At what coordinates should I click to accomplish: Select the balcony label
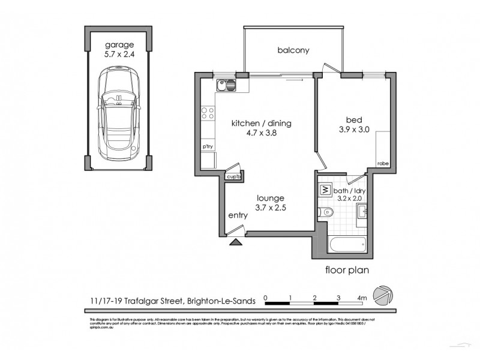click(x=293, y=50)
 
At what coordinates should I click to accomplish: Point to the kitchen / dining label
click(x=262, y=124)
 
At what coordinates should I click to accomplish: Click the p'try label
click(x=208, y=146)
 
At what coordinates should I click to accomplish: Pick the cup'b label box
click(x=233, y=177)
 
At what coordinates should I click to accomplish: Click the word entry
click(x=238, y=215)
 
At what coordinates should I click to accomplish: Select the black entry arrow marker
click(x=236, y=242)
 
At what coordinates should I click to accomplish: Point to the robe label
click(x=382, y=163)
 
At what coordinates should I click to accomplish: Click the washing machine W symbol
click(x=325, y=191)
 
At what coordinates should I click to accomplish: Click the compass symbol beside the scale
click(x=382, y=293)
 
